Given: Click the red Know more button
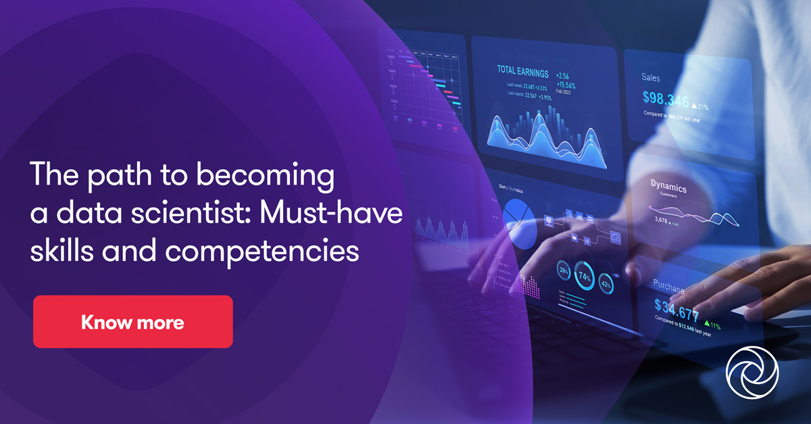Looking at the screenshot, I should pyautogui.click(x=132, y=322).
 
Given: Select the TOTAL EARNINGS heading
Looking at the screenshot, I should pyautogui.click(x=522, y=70).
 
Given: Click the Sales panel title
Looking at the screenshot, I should pyautogui.click(x=651, y=78).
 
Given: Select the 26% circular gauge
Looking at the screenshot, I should pyautogui.click(x=564, y=272).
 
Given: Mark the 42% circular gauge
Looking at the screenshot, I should pyautogui.click(x=606, y=285).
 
